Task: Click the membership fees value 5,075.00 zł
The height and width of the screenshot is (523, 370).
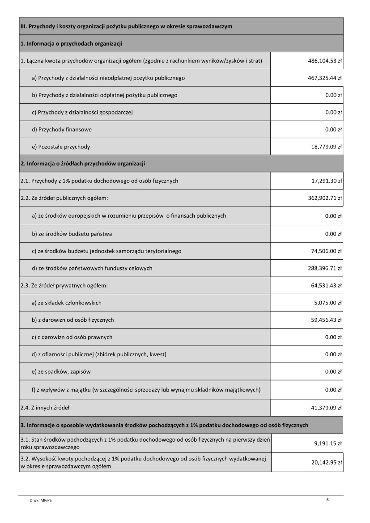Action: tap(328, 303)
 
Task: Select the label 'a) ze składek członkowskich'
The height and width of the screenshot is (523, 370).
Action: tap(67, 303)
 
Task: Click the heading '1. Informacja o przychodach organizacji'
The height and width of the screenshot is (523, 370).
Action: tap(72, 43)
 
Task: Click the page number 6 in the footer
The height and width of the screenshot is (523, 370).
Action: tap(328, 499)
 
